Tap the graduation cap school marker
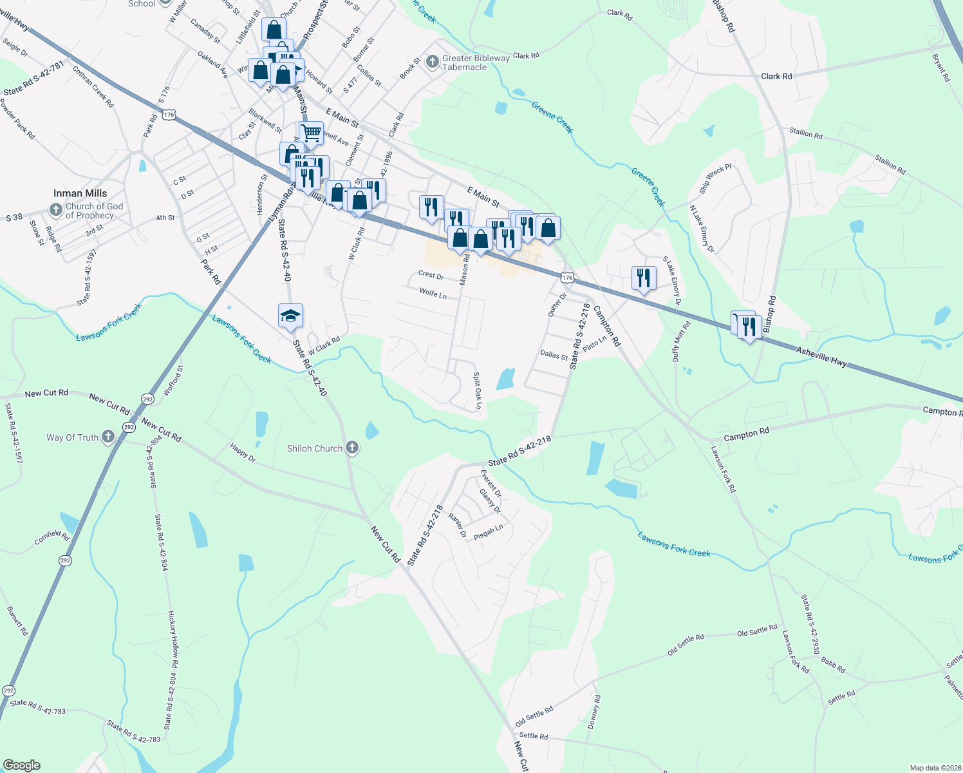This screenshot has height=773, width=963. point(290,316)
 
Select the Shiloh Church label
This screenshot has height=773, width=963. point(315,448)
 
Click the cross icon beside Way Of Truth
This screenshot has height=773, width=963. point(108,437)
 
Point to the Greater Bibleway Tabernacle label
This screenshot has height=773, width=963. point(476,62)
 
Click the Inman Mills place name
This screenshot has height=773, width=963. point(80,193)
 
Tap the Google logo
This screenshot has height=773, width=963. point(21,765)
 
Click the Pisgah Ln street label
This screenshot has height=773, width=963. point(489,532)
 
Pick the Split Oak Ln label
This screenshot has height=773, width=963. point(478,390)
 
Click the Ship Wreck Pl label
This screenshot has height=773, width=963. point(715,179)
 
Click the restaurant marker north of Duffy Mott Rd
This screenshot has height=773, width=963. point(644,278)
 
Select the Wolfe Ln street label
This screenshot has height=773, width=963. point(433,293)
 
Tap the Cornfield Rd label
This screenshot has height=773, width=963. point(51,537)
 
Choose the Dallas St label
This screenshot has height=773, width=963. point(554,355)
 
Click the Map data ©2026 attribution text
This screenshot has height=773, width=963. point(935,768)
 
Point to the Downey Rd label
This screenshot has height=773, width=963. point(594,712)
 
